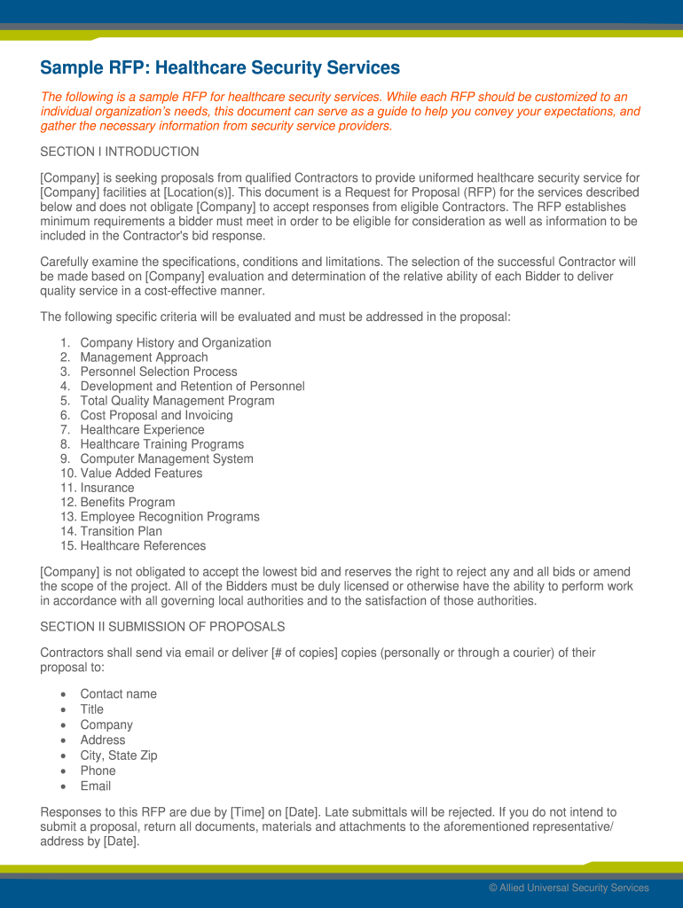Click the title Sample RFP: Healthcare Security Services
tap(220, 68)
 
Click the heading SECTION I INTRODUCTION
tap(120, 152)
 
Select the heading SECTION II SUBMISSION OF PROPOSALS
tap(162, 627)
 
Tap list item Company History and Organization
tap(176, 343)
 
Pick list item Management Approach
tap(144, 357)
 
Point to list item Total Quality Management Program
tap(177, 401)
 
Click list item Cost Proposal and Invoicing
tap(156, 415)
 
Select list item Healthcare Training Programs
tap(161, 444)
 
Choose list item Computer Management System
tap(167, 458)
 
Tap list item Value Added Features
tap(141, 474)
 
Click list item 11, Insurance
tap(107, 488)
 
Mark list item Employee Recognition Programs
tap(169, 517)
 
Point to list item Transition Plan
tap(121, 531)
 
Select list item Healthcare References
tap(143, 546)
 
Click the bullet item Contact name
tap(118, 694)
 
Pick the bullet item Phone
tap(98, 771)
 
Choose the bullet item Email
tap(96, 786)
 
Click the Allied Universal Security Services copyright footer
tap(569, 888)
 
